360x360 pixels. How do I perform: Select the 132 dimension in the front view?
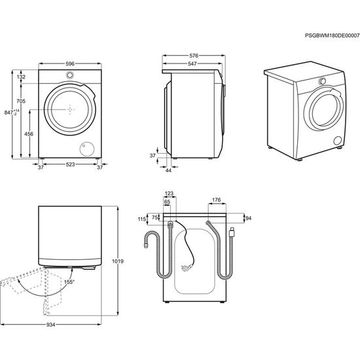21,77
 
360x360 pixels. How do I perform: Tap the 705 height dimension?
21,101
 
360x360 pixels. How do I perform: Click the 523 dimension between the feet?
69,167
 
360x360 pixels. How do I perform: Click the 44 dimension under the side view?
168,171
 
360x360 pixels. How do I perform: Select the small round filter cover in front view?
85,148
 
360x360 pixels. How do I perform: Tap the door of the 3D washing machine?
321,109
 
